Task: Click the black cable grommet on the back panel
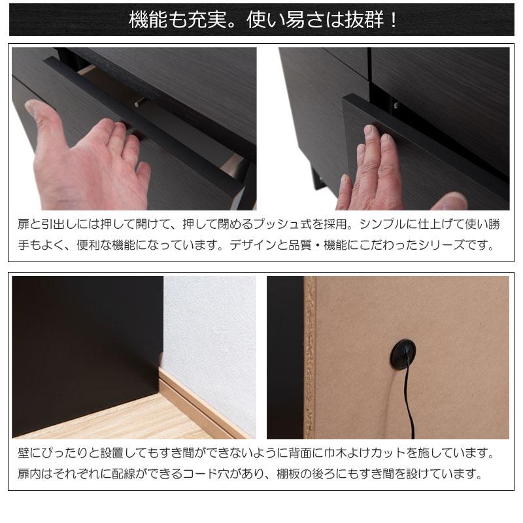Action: [x=403, y=356]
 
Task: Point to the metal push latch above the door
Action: [x=395, y=103]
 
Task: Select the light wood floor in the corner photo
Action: [x=98, y=422]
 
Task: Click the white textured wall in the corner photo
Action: [x=209, y=327]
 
